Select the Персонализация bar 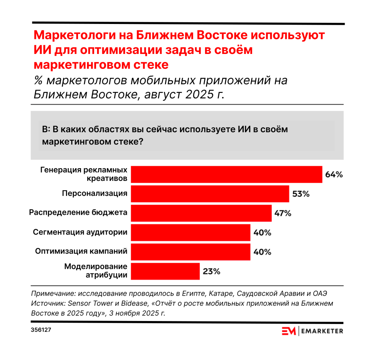click(x=210, y=194)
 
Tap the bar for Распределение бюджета click(x=201, y=213)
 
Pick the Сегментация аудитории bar click(x=190, y=233)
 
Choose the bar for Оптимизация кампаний click(x=190, y=252)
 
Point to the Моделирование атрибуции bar click(x=165, y=271)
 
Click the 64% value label click(x=334, y=175)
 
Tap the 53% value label click(x=301, y=194)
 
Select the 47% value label click(x=282, y=214)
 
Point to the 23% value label click(x=211, y=271)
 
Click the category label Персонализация click(x=94, y=194)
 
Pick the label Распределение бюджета click(x=78, y=213)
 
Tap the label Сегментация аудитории click(x=80, y=232)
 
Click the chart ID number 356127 click(x=41, y=331)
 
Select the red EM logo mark click(x=289, y=331)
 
